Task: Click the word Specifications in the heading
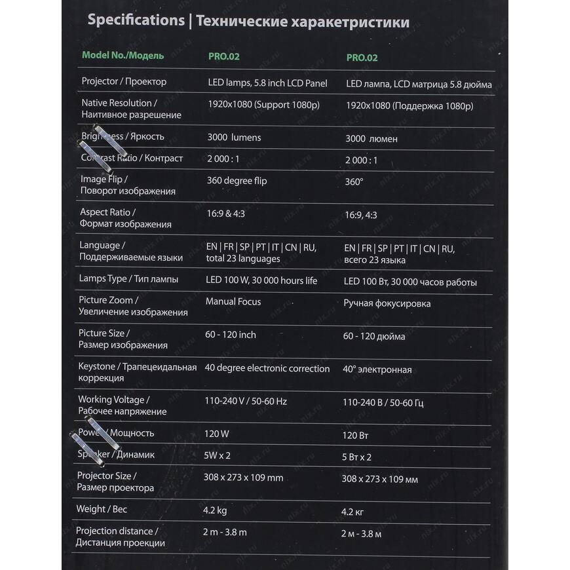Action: pos(136,20)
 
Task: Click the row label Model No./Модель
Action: pos(123,56)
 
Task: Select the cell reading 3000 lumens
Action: pos(234,138)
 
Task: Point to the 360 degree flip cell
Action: pos(237,180)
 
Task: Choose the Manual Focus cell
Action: pos(233,301)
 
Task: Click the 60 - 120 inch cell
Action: pos(230,335)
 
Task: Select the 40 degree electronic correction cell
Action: pos(267,368)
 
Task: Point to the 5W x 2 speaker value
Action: pos(217,455)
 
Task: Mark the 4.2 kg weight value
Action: pos(215,509)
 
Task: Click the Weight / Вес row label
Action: pos(102,509)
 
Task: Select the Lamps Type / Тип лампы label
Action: pos(128,279)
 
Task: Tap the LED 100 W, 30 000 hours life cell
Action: pos(261,280)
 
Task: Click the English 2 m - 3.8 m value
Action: pos(225,532)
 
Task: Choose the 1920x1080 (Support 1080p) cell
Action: pos(263,105)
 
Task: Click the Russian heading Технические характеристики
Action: pos(303,22)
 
